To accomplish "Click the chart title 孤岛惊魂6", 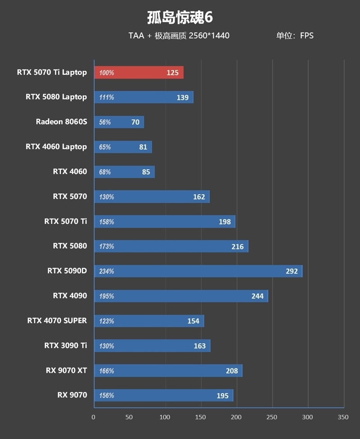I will point(180,17).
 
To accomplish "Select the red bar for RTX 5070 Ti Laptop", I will point(139,72).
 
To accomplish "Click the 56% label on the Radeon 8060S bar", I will point(105,122).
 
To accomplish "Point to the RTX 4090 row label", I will point(70,296).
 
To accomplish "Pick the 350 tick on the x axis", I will point(343,417).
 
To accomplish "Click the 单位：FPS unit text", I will point(295,36).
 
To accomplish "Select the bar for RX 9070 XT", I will point(168,371).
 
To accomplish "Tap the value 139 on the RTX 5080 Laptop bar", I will point(183,97).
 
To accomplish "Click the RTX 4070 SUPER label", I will point(57,321).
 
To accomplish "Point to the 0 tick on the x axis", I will point(94,417).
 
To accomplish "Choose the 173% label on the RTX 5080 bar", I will point(107,247).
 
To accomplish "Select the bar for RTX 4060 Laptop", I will point(123,147).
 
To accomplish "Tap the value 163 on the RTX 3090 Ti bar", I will point(199,346).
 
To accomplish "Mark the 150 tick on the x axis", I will point(201,417).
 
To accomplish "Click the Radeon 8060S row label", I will point(61,122).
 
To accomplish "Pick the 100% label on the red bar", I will point(107,73).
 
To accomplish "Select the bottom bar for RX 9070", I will point(163,395).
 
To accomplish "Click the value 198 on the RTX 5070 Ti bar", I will point(225,222).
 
